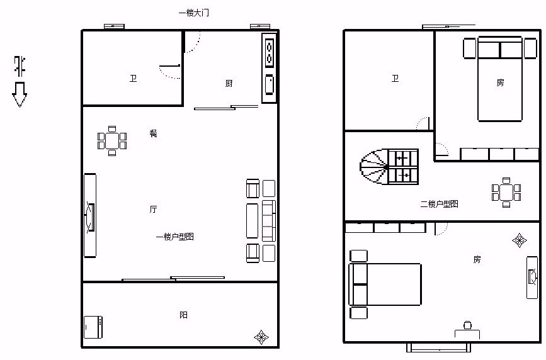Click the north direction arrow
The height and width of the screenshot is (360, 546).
(20, 94)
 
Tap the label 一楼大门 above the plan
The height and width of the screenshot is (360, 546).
(193, 13)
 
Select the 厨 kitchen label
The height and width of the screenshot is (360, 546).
(229, 83)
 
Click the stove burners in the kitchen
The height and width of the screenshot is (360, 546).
(269, 53)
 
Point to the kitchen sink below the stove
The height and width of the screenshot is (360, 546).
(269, 84)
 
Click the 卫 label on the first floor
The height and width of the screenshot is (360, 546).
(133, 78)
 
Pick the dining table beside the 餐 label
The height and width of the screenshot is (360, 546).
(111, 140)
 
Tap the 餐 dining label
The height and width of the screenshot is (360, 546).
(153, 133)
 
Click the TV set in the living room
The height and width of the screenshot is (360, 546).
(90, 217)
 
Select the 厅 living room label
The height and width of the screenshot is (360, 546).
(153, 209)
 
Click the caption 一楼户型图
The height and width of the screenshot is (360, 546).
(175, 237)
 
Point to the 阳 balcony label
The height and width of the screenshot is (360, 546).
(183, 315)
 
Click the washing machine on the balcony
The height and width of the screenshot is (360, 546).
(93, 327)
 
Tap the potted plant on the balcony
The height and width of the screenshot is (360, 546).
(261, 337)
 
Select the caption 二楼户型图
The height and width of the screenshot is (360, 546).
(439, 204)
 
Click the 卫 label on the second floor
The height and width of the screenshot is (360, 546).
(395, 78)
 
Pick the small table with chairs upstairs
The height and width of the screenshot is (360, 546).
(506, 193)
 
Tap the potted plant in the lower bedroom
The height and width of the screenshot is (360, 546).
(519, 240)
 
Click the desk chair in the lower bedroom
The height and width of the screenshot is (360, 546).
(468, 325)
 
